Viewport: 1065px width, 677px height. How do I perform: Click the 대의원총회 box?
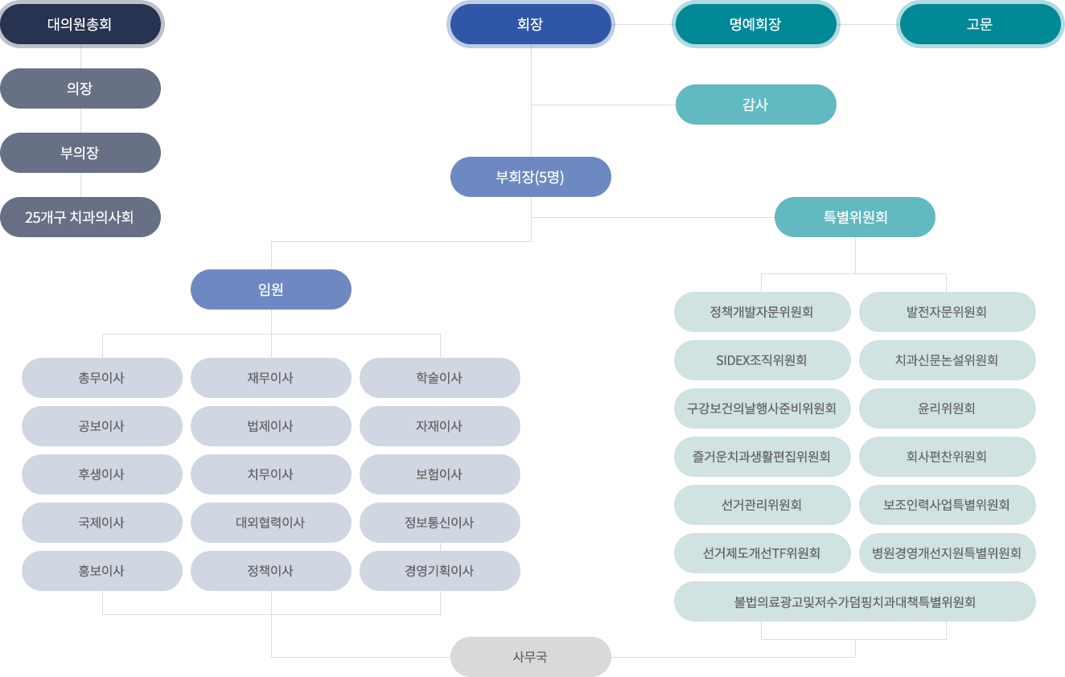80,24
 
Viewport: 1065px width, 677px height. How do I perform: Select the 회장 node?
531,24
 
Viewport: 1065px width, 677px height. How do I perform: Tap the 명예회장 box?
756,24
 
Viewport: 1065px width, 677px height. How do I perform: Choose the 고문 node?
981,24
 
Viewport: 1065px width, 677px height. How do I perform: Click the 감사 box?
756,105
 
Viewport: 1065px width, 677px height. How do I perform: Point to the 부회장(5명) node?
531,177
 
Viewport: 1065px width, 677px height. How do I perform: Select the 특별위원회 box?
855,217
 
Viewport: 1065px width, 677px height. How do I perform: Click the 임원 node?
271,289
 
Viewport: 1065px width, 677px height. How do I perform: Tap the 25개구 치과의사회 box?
80,217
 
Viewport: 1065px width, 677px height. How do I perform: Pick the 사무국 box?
531,657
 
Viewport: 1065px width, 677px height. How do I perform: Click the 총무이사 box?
101,378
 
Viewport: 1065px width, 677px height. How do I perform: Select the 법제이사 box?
271,426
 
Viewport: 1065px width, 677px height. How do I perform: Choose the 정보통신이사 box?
440,523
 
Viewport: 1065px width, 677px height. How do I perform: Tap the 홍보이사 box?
101,571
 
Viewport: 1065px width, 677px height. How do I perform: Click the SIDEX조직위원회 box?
762,360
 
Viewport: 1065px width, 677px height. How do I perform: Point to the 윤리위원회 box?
947,408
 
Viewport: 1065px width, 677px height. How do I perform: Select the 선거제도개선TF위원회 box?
762,553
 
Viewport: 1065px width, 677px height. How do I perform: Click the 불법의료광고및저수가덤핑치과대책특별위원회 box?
855,601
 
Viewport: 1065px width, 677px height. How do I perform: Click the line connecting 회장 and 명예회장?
644,24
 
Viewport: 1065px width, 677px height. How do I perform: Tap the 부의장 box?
80,153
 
